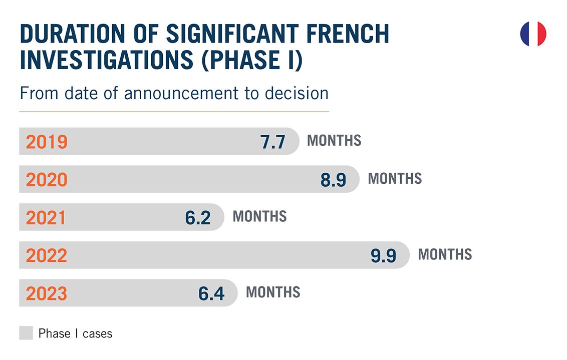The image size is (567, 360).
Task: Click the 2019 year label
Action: click(x=47, y=142)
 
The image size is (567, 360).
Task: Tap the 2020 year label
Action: click(x=47, y=180)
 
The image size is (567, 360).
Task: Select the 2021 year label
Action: click(x=46, y=218)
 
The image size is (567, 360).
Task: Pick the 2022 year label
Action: click(x=47, y=255)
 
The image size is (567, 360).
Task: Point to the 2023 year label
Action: click(x=47, y=293)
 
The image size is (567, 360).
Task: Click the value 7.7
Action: click(x=273, y=142)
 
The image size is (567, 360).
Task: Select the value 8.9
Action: click(x=334, y=180)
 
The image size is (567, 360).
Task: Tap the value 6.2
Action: click(x=198, y=218)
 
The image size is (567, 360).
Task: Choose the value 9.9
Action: click(x=383, y=256)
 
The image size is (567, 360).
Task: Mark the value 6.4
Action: click(x=211, y=294)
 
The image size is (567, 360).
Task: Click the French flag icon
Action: click(x=533, y=34)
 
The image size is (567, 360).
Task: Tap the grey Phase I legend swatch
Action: click(x=26, y=333)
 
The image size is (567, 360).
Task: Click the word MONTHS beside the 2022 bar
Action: click(x=445, y=254)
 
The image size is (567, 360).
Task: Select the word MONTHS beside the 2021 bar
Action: click(x=259, y=216)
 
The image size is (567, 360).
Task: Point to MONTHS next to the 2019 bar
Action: click(x=334, y=141)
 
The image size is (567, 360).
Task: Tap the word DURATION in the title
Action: click(x=73, y=34)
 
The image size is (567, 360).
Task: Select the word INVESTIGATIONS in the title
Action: click(x=107, y=60)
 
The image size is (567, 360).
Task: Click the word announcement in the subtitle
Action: click(x=181, y=94)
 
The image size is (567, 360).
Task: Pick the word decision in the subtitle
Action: click(x=297, y=93)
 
